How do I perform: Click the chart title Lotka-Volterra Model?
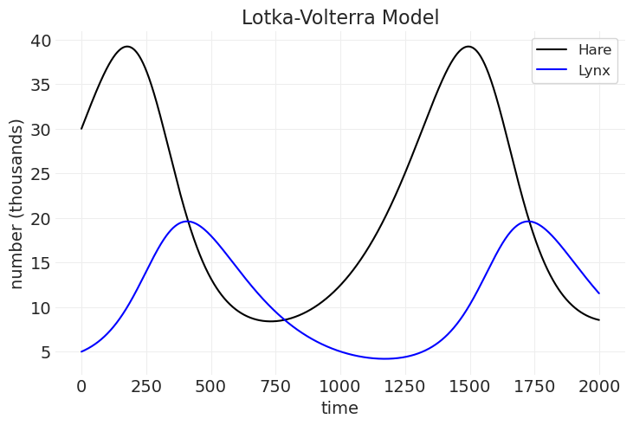pyautogui.click(x=340, y=17)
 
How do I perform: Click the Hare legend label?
pyautogui.click(x=595, y=49)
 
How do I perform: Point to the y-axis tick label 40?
pyautogui.click(x=41, y=41)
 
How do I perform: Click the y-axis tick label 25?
pyautogui.click(x=41, y=174)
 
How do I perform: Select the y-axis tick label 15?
pyautogui.click(x=41, y=263)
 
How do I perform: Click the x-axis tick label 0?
pyautogui.click(x=81, y=384)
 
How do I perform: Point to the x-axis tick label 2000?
pyautogui.click(x=598, y=384)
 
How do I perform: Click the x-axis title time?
pyautogui.click(x=339, y=407)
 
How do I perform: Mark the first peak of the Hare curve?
pyautogui.click(x=127, y=47)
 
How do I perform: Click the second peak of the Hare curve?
pyautogui.click(x=468, y=47)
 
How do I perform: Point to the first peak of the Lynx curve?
pyautogui.click(x=187, y=222)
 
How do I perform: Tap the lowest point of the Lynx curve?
pyautogui.click(x=384, y=358)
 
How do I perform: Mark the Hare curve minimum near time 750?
pyautogui.click(x=272, y=321)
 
